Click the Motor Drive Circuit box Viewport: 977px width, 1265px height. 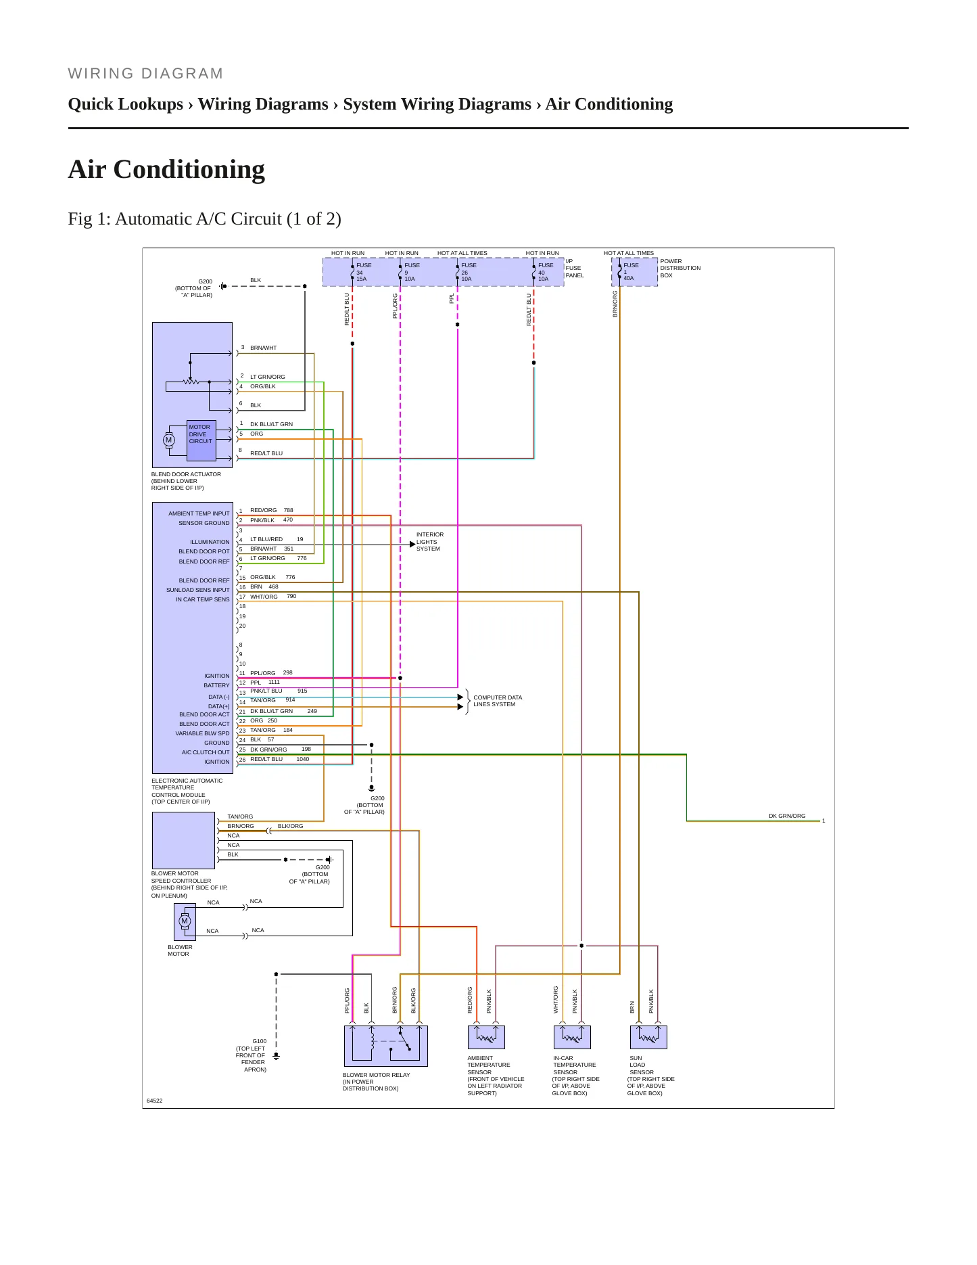[x=201, y=440]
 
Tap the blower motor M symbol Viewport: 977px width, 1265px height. [x=185, y=921]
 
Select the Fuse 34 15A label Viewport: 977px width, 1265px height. [x=363, y=272]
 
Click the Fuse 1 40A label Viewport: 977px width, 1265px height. [x=630, y=272]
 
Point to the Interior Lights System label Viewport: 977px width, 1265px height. [x=430, y=542]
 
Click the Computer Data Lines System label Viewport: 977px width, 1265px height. [x=498, y=701]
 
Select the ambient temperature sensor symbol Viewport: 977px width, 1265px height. [x=486, y=1037]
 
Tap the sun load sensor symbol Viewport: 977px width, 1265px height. [x=648, y=1037]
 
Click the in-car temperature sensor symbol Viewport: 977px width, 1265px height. [x=572, y=1037]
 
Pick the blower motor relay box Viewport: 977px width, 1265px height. [x=386, y=1046]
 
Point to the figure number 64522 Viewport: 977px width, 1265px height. [x=155, y=1101]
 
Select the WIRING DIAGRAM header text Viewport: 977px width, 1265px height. [x=145, y=74]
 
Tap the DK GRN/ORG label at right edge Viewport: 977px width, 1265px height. [x=787, y=816]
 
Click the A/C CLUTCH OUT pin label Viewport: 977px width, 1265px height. [x=206, y=752]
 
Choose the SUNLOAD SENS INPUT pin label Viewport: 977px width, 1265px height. [x=198, y=590]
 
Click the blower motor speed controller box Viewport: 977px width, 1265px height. [x=183, y=840]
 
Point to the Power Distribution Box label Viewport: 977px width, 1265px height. [x=680, y=268]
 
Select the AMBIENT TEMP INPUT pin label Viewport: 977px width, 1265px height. [x=199, y=513]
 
